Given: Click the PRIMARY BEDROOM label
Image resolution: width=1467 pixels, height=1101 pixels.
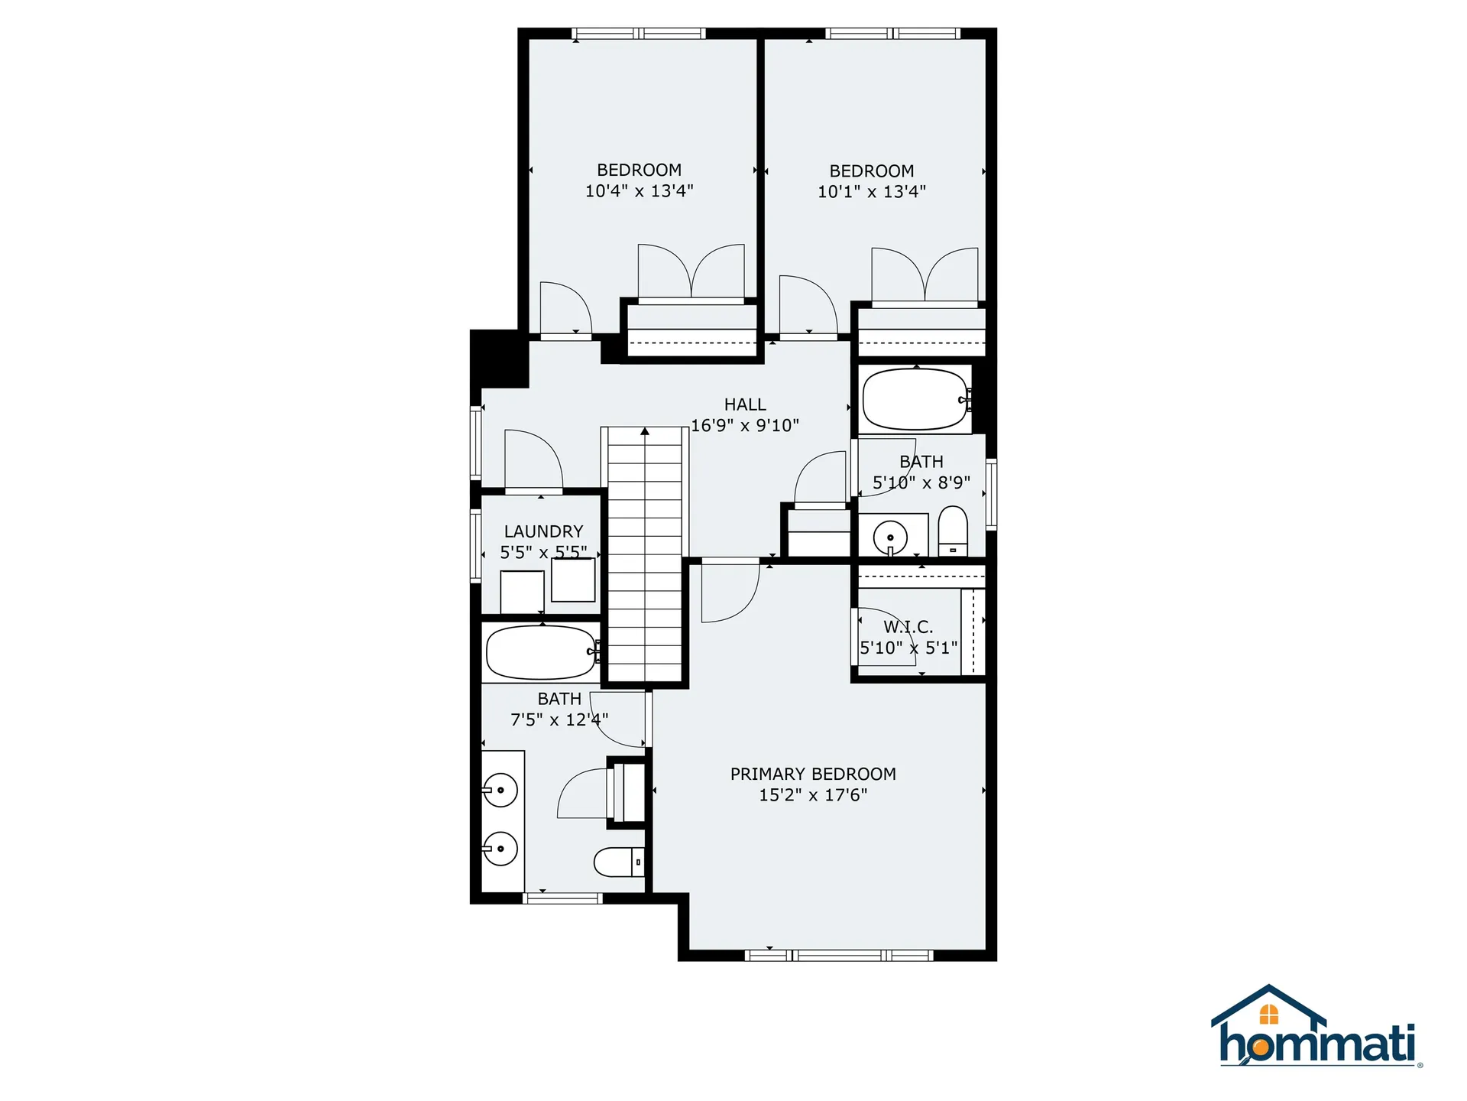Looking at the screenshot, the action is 813,774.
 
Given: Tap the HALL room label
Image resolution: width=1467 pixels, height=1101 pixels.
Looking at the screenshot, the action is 745,404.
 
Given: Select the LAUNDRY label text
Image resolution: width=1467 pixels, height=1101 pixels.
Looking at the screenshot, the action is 543,531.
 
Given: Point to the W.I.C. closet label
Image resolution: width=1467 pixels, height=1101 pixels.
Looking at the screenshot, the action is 908,627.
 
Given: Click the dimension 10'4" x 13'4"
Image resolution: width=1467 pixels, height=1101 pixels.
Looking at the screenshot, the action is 640,191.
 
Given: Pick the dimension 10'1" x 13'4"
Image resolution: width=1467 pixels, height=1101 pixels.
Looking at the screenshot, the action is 872,192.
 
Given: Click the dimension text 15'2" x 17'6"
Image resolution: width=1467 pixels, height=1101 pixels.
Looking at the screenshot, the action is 813,795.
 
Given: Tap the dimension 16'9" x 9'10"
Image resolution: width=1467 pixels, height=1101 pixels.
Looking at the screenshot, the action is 745,425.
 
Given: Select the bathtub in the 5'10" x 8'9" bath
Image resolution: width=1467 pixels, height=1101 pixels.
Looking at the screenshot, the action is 916,399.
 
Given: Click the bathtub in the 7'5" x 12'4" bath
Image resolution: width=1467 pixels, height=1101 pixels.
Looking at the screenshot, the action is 542,652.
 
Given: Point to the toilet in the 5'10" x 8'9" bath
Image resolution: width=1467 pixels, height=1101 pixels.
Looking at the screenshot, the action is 953,531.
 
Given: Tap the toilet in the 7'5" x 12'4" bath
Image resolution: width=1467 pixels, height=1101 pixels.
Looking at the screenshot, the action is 619,862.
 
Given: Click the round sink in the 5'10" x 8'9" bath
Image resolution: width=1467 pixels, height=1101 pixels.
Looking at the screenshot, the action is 890,537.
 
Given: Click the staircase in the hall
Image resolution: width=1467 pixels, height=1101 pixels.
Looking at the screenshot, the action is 645,554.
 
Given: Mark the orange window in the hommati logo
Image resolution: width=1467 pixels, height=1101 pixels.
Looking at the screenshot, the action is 1269,1015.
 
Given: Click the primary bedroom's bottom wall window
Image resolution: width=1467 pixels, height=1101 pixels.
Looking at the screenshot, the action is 839,955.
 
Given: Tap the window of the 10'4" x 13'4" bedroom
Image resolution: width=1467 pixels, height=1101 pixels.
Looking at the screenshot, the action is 639,34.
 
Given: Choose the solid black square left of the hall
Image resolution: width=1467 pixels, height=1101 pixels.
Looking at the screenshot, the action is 500,359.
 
